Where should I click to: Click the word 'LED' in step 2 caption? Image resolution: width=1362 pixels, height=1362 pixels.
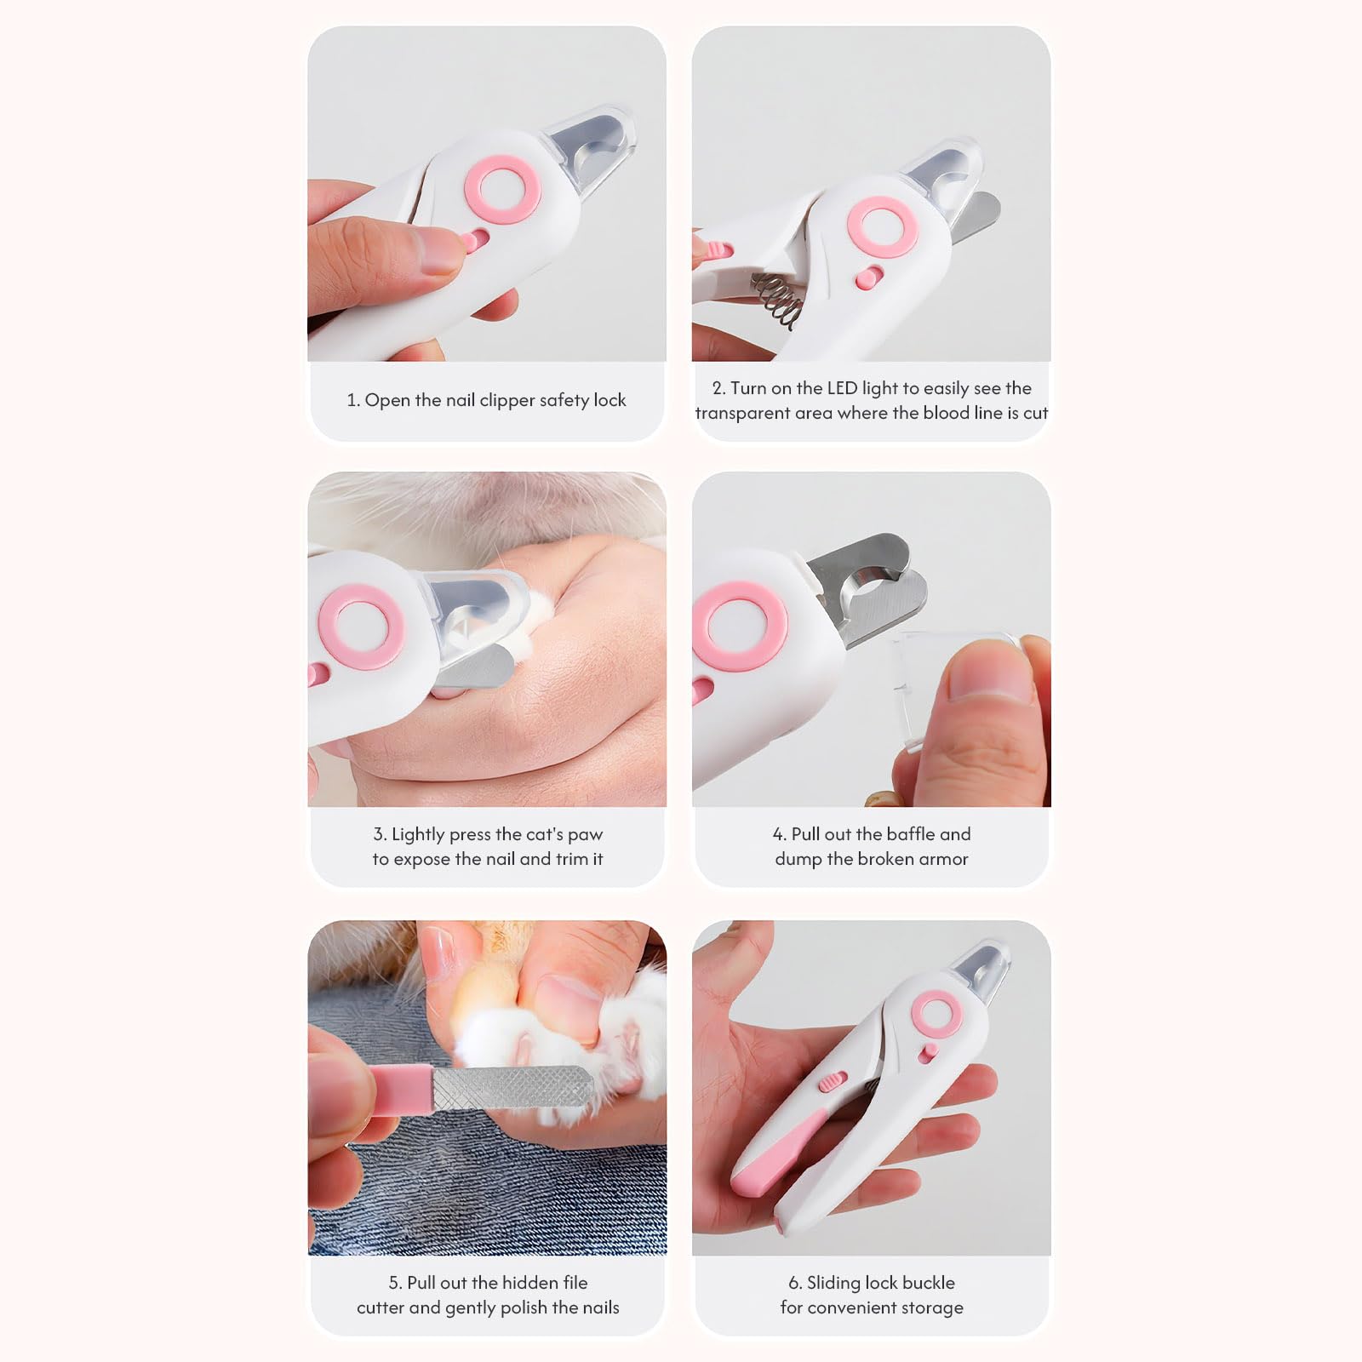coord(841,388)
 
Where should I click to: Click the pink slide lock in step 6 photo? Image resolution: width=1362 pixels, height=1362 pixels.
coord(829,1082)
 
